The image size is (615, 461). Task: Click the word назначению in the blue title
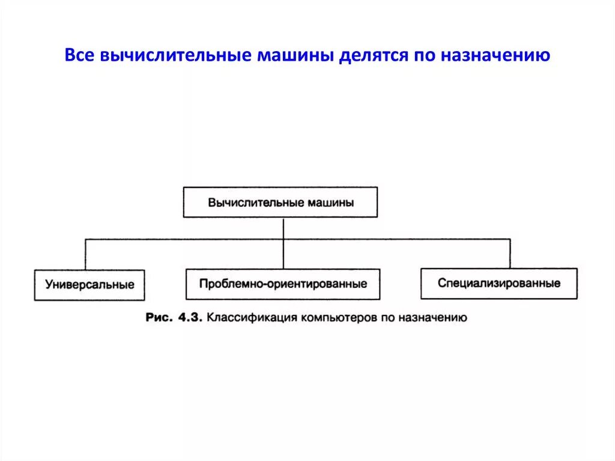click(x=496, y=56)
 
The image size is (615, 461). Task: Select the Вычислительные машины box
click(x=280, y=202)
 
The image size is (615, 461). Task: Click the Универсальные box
click(x=89, y=284)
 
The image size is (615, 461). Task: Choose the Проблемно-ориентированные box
click(x=283, y=284)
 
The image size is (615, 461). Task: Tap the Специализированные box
click(x=499, y=283)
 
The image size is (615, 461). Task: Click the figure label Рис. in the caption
click(x=159, y=317)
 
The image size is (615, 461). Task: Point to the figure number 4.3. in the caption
click(x=190, y=317)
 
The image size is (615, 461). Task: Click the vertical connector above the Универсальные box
click(x=85, y=254)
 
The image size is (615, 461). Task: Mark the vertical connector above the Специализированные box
click(x=510, y=253)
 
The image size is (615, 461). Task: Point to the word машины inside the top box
click(x=330, y=203)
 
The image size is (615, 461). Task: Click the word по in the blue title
click(x=425, y=56)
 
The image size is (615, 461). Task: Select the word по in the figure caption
click(x=385, y=317)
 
